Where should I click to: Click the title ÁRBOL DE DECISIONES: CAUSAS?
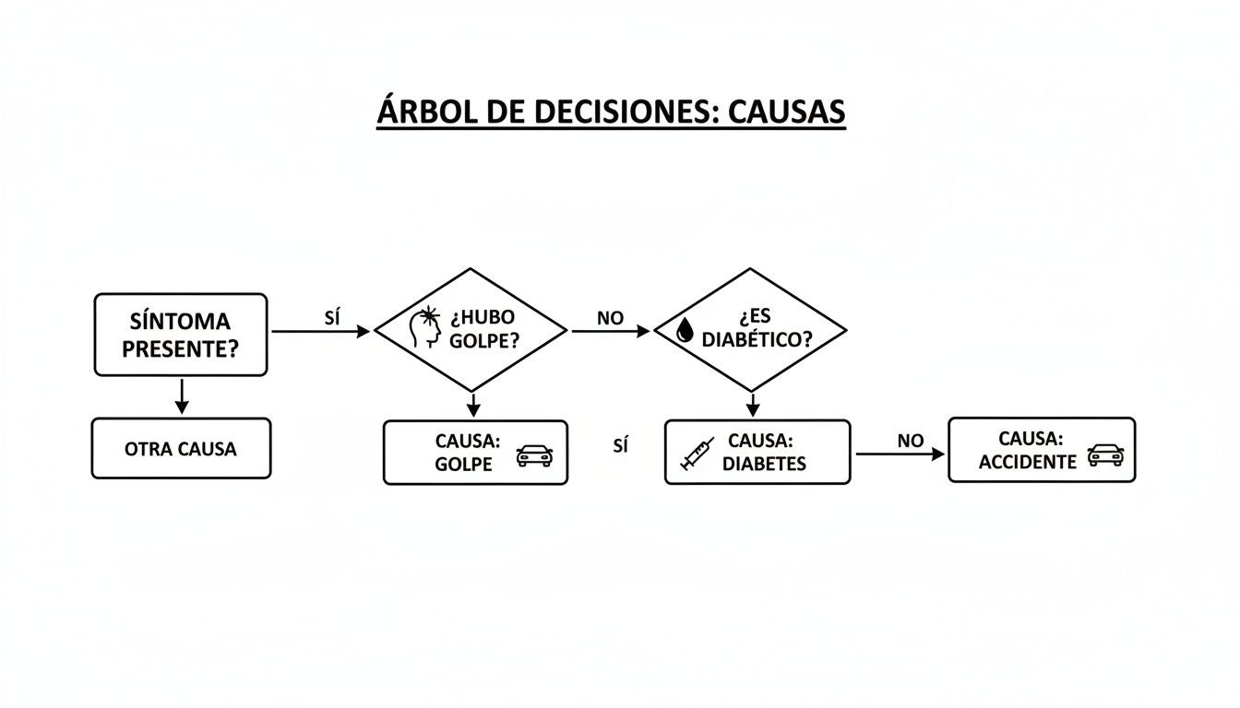pyautogui.click(x=611, y=112)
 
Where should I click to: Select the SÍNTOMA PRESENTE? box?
pyautogui.click(x=181, y=335)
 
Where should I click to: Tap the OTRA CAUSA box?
pyautogui.click(x=181, y=449)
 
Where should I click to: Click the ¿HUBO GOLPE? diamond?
pyautogui.click(x=470, y=329)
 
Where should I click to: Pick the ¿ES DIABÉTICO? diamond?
pyautogui.click(x=750, y=329)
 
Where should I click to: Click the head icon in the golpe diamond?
pyautogui.click(x=425, y=328)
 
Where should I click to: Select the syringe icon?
pyautogui.click(x=697, y=454)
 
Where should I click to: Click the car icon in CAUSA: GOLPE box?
pyautogui.click(x=534, y=454)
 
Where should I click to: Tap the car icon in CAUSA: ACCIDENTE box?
pyautogui.click(x=1104, y=453)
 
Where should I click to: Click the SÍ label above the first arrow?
pyautogui.click(x=333, y=317)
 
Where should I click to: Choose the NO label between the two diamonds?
pyautogui.click(x=610, y=318)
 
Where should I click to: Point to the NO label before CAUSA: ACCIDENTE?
pyautogui.click(x=910, y=441)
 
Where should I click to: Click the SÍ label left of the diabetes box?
pyautogui.click(x=620, y=446)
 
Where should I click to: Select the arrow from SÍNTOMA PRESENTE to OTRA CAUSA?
pyautogui.click(x=182, y=395)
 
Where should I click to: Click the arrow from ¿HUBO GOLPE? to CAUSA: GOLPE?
pyautogui.click(x=472, y=404)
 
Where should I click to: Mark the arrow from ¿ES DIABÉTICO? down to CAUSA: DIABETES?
pyautogui.click(x=753, y=404)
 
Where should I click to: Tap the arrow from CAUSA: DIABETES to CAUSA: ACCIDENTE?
pyautogui.click(x=899, y=454)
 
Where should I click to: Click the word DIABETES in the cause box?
pyautogui.click(x=764, y=464)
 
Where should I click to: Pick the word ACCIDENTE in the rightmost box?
pyautogui.click(x=1027, y=462)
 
